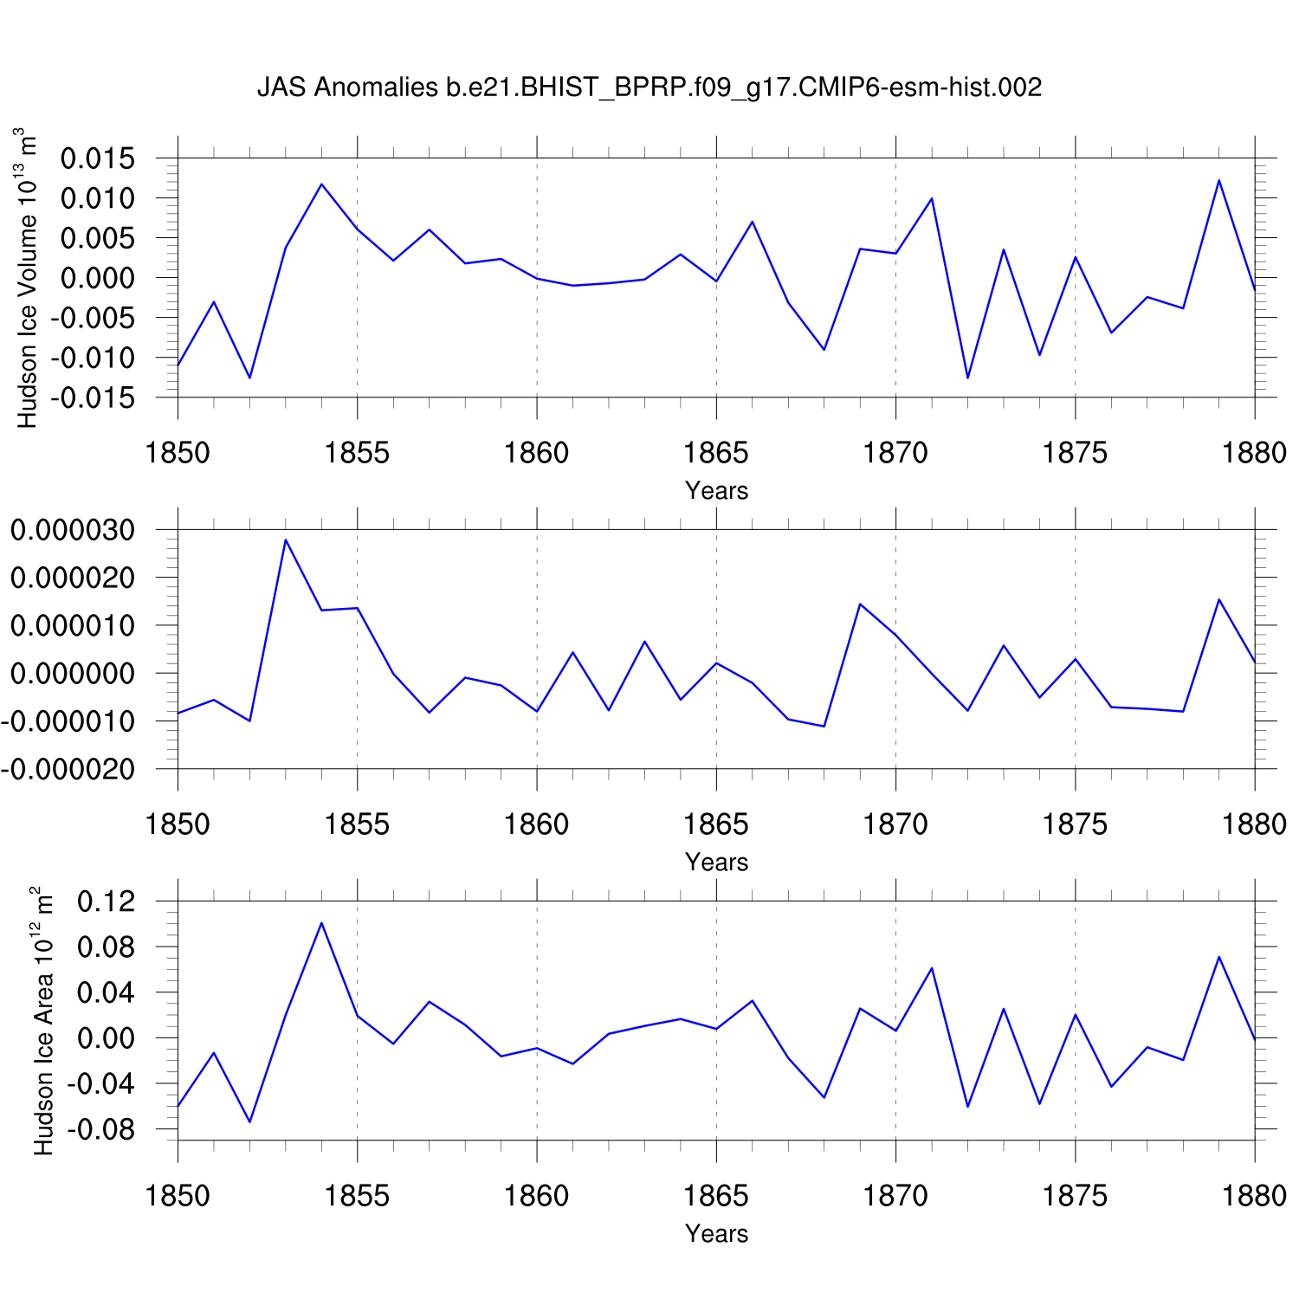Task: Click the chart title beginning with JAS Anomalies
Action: click(649, 87)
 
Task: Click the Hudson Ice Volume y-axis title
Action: click(28, 277)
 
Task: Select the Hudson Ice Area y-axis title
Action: click(43, 1020)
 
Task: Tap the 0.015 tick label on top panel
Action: click(98, 158)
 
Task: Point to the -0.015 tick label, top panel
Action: click(93, 397)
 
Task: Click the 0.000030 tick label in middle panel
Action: click(73, 530)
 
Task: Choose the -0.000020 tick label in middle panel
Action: click(68, 769)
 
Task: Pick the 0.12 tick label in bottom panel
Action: click(107, 902)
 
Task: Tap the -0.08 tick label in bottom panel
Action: click(101, 1130)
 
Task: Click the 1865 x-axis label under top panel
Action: click(716, 453)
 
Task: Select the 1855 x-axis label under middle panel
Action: click(357, 824)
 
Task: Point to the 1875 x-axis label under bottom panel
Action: click(1075, 1196)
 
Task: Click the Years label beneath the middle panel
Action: click(716, 862)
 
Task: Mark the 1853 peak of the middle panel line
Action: click(286, 540)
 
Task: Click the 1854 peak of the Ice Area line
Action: click(321, 922)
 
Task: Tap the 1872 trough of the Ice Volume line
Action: click(967, 378)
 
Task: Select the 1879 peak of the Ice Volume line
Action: click(1218, 180)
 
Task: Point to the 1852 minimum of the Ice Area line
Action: click(249, 1121)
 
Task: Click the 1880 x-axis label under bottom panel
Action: click(1254, 1196)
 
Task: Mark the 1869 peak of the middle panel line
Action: click(860, 604)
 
